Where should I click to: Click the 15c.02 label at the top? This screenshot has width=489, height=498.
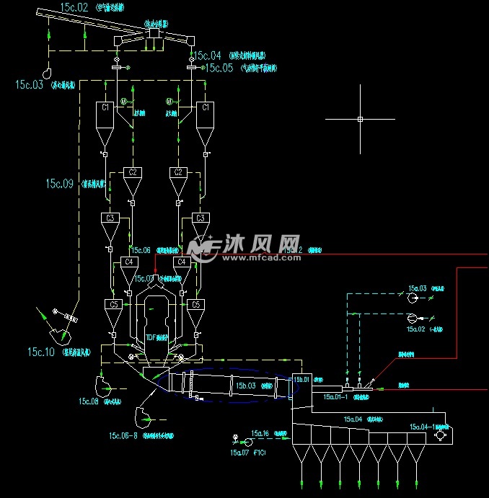tap(74, 7)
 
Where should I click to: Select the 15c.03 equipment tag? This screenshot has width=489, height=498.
tap(30, 84)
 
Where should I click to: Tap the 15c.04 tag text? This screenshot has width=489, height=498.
tap(207, 55)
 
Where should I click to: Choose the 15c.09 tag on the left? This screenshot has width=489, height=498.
tap(60, 184)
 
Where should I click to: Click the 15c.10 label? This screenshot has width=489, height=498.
tap(41, 352)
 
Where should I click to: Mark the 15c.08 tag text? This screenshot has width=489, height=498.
tap(89, 401)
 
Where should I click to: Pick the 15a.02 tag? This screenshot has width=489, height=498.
tap(416, 329)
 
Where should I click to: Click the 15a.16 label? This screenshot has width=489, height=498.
tap(260, 434)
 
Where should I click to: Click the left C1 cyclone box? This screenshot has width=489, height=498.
tap(105, 107)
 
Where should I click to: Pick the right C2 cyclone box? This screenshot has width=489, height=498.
tap(177, 172)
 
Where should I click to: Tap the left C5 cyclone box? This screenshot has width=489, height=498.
tap(113, 305)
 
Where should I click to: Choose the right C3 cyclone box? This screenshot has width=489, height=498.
tap(201, 218)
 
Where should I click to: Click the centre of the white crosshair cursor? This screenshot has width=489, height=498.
tap(360, 119)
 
